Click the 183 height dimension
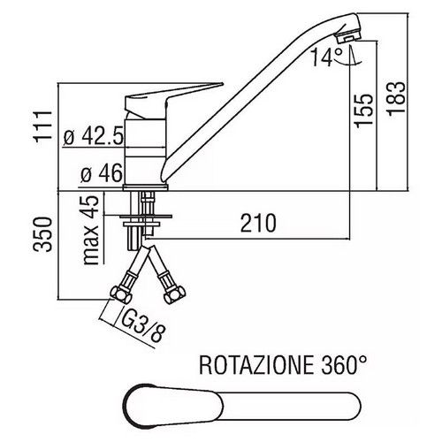395,99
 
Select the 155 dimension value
363,110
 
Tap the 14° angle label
326,57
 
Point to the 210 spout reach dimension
258,223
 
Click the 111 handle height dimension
43,126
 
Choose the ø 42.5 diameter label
93,137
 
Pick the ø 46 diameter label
101,173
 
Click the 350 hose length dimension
42,234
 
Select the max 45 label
90,231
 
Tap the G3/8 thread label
142,326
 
